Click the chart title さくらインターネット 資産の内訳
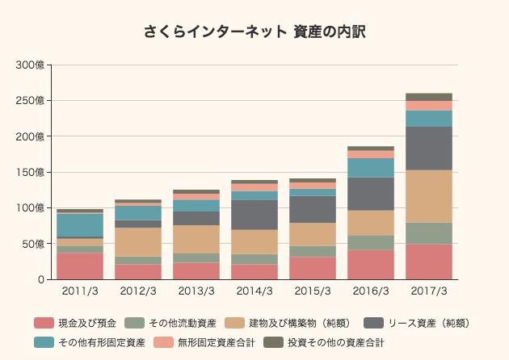(x=254, y=32)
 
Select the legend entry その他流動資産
(x=183, y=324)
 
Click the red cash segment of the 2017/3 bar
(x=429, y=262)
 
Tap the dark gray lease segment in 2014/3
(x=254, y=215)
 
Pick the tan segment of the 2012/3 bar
(x=138, y=242)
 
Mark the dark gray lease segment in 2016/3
(x=371, y=194)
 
